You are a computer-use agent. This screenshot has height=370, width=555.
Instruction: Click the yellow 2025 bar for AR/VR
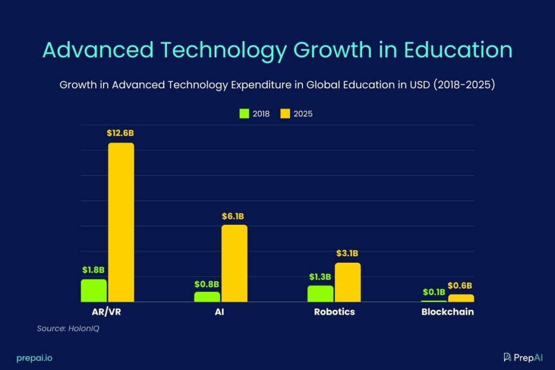pyautogui.click(x=121, y=222)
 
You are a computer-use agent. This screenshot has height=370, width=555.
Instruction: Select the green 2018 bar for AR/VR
pyautogui.click(x=94, y=290)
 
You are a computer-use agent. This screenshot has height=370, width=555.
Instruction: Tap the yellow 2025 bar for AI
pyautogui.click(x=234, y=263)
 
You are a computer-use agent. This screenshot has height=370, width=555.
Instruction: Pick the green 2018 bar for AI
pyautogui.click(x=207, y=297)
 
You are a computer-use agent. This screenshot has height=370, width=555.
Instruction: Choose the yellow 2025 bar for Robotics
pyautogui.click(x=347, y=282)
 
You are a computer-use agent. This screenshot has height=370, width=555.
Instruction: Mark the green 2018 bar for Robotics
pyautogui.click(x=320, y=294)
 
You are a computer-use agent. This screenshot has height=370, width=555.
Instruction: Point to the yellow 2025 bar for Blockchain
pyautogui.click(x=461, y=298)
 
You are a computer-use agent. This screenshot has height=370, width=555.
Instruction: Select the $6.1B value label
pyautogui.click(x=234, y=216)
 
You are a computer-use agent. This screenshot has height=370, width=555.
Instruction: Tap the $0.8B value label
pyautogui.click(x=206, y=283)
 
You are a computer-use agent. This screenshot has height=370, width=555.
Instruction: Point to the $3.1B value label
pyautogui.click(x=347, y=254)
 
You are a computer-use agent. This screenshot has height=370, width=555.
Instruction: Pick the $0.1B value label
pyautogui.click(x=434, y=292)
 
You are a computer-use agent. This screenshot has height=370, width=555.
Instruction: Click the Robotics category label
pyautogui.click(x=334, y=312)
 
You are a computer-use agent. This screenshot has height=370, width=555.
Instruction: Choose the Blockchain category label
pyautogui.click(x=448, y=312)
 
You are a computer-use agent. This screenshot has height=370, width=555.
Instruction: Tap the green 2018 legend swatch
pyautogui.click(x=244, y=114)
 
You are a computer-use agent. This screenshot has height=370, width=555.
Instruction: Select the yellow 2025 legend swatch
pyautogui.click(x=285, y=114)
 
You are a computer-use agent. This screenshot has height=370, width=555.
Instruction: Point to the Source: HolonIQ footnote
pyautogui.click(x=68, y=328)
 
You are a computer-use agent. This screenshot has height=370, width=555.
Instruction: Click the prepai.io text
pyautogui.click(x=34, y=358)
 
